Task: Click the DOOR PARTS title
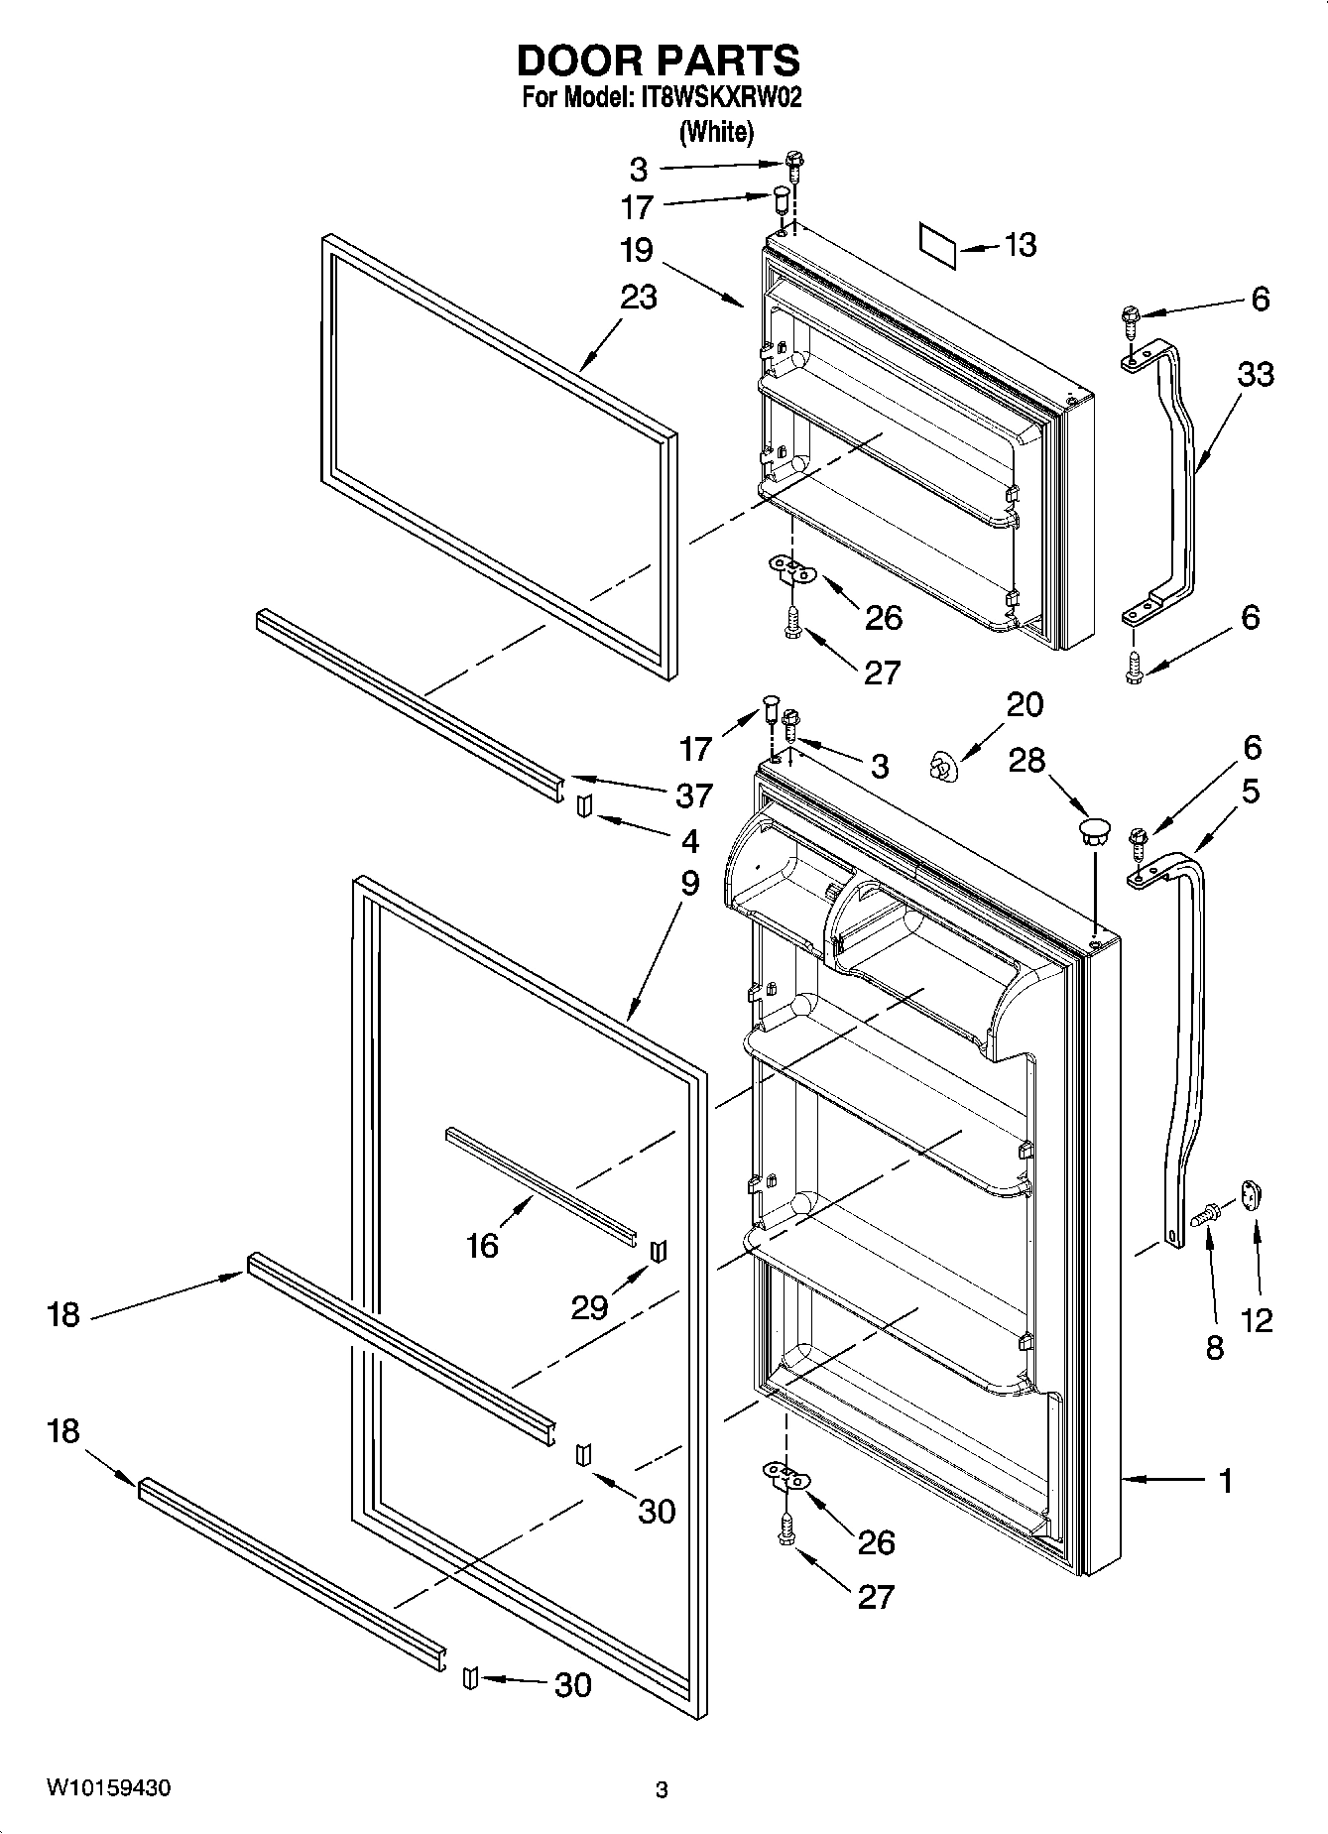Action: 659,61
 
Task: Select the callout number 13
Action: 1021,244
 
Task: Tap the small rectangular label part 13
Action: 937,245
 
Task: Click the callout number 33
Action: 1255,374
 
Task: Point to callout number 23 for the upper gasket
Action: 639,297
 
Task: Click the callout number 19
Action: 637,250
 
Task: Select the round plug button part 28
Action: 1093,831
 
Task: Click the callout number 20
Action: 1025,704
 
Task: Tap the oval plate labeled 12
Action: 1250,1195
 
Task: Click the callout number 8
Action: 1214,1347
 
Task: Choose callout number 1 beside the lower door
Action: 1226,1481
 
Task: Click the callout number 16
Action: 482,1245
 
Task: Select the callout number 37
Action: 693,795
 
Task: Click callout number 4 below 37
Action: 689,841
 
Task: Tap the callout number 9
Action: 689,882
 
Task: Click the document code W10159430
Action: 108,1788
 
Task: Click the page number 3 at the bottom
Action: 662,1790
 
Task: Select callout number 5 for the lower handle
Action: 1251,791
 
